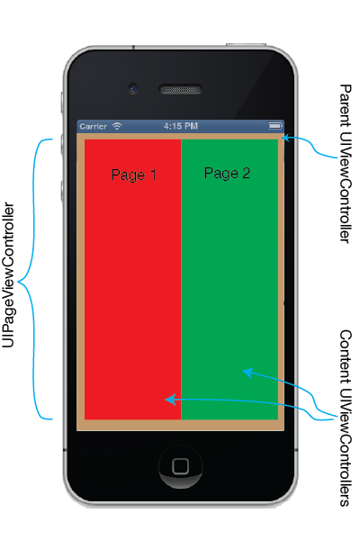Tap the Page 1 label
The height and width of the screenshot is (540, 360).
click(134, 175)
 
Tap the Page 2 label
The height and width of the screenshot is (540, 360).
click(227, 173)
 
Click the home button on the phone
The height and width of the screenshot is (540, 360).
click(181, 466)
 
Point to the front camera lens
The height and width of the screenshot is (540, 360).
click(133, 89)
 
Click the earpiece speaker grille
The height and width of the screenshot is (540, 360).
click(180, 89)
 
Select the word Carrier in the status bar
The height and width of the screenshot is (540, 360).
click(93, 126)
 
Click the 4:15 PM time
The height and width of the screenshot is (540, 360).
click(181, 126)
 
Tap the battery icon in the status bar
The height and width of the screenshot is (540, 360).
click(275, 126)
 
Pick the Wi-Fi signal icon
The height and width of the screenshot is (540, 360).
click(117, 126)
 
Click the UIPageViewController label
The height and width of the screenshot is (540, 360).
click(8, 274)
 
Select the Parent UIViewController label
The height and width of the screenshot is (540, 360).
click(346, 164)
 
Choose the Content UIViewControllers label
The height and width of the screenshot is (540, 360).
click(346, 418)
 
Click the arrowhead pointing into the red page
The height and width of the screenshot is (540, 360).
click(170, 400)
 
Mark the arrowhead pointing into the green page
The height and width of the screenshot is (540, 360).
click(247, 372)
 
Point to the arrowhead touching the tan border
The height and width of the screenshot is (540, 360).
click(285, 138)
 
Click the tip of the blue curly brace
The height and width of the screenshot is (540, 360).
click(18, 283)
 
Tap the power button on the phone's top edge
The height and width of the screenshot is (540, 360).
click(246, 45)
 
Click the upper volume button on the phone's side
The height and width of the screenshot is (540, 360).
click(62, 144)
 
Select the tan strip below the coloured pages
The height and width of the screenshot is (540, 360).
click(181, 425)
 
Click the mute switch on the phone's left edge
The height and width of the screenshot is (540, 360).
click(62, 102)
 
